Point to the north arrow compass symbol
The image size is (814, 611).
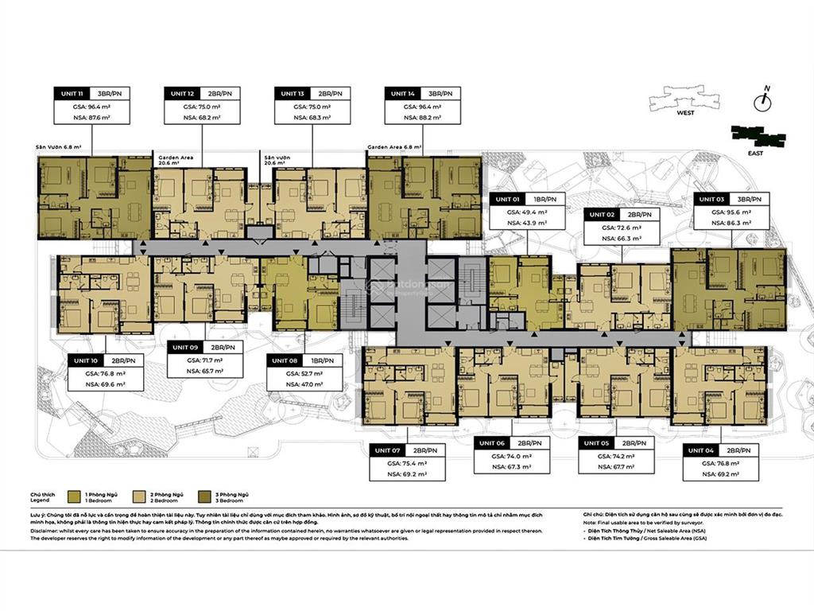(x=764, y=99)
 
